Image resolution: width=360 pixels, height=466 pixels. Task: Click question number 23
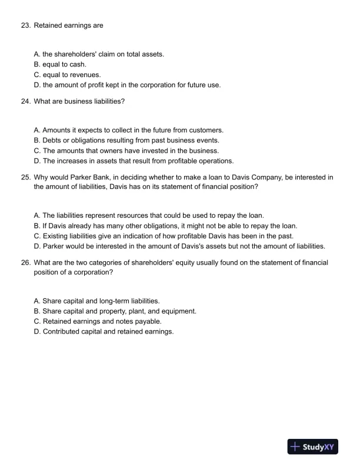(25, 26)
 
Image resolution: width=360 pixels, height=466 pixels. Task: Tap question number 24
(25, 101)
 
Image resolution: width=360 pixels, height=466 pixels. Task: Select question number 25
(25, 177)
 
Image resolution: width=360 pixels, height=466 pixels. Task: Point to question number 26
(25, 262)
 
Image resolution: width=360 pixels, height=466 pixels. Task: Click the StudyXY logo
(312, 447)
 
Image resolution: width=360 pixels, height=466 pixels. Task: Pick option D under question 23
(127, 85)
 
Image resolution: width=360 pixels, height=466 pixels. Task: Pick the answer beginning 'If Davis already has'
(166, 225)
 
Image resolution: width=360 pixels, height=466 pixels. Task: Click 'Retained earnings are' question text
(68, 26)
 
